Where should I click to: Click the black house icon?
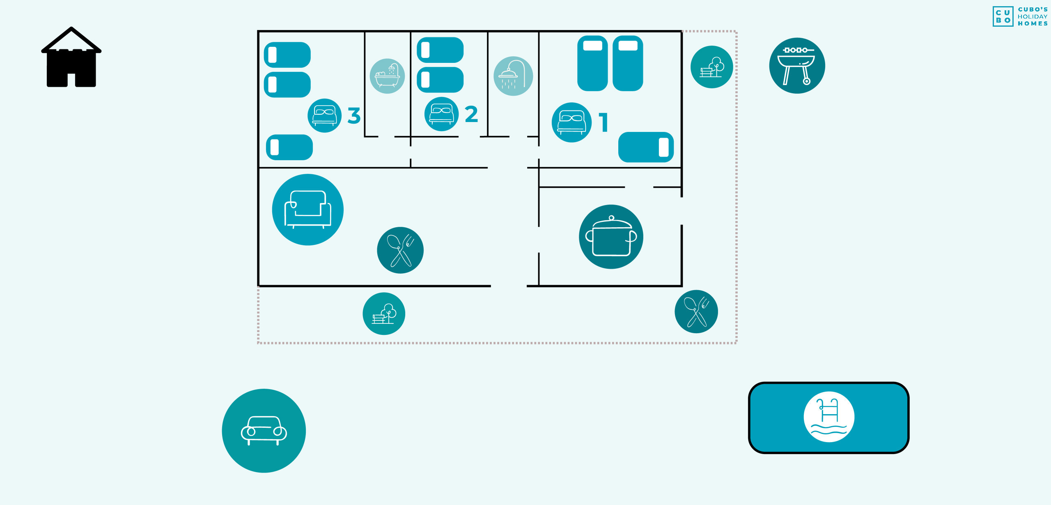click(x=71, y=58)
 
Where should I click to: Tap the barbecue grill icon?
click(x=797, y=66)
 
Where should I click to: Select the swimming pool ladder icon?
click(x=829, y=417)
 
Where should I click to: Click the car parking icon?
click(x=264, y=431)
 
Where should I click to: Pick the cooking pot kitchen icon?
click(x=611, y=237)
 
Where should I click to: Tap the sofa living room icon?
click(x=308, y=210)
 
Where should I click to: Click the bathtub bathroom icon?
click(x=387, y=76)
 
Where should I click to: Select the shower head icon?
click(x=513, y=76)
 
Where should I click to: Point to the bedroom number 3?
click(x=354, y=115)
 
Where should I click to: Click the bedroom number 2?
click(x=471, y=114)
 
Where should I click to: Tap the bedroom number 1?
click(x=604, y=122)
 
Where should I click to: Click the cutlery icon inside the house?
click(x=400, y=250)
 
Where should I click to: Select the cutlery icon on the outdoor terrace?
click(x=696, y=311)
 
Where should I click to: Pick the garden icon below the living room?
click(x=384, y=314)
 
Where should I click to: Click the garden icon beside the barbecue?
click(x=712, y=67)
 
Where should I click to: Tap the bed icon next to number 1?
click(x=571, y=122)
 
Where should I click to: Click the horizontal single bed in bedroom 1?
click(x=646, y=147)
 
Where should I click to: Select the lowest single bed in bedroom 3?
click(x=289, y=147)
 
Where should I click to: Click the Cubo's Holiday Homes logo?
click(x=1020, y=16)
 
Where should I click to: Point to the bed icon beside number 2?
click(x=442, y=114)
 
